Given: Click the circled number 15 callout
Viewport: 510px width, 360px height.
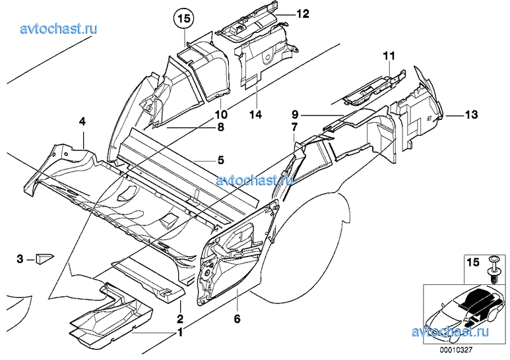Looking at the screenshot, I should pyautogui.click(x=183, y=18).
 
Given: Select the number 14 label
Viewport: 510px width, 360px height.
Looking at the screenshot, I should pyautogui.click(x=255, y=115).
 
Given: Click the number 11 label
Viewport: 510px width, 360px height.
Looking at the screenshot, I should pyautogui.click(x=389, y=55).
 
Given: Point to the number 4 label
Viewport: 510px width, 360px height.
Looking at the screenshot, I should pyautogui.click(x=82, y=121).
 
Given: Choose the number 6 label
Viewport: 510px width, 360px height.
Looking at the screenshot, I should pyautogui.click(x=237, y=319).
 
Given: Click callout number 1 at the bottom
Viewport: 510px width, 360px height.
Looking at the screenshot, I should pyautogui.click(x=179, y=334).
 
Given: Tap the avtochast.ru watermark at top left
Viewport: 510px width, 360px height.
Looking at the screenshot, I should pyautogui.click(x=59, y=28).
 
